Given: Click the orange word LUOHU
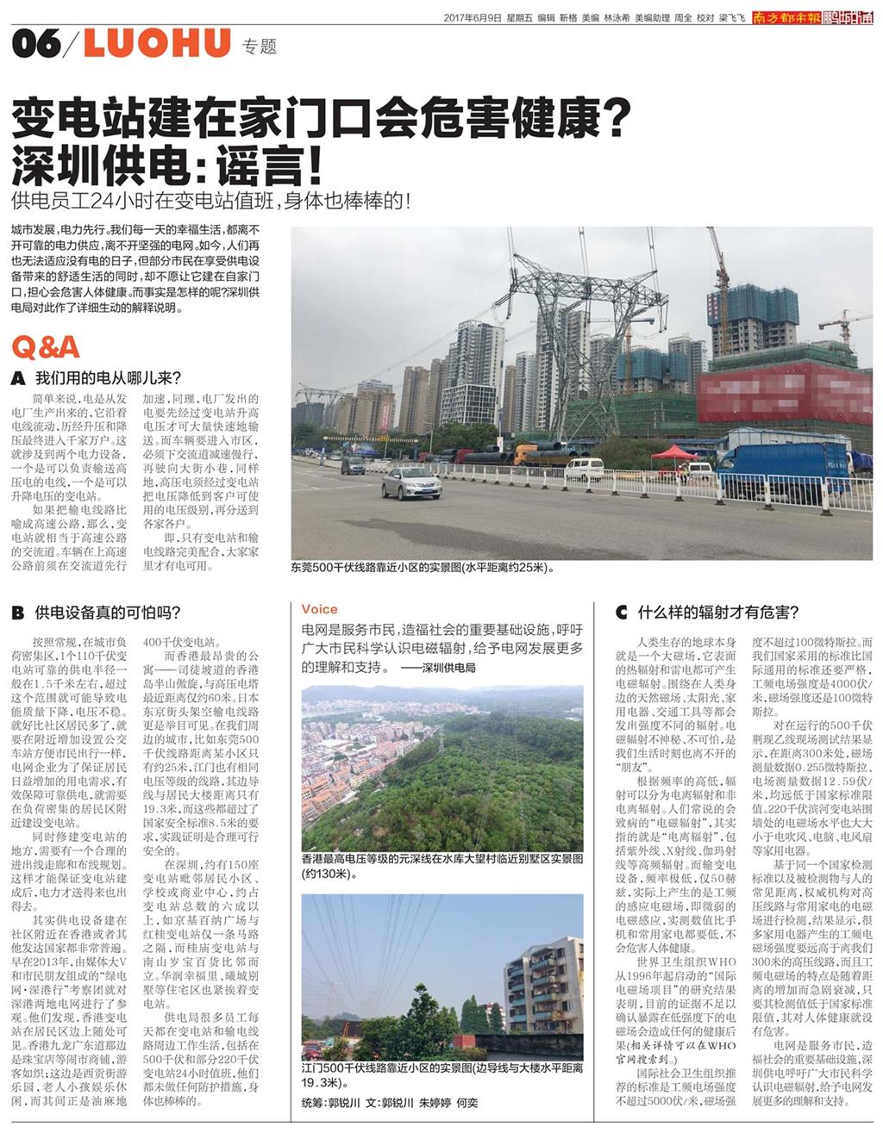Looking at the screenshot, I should pos(157,43).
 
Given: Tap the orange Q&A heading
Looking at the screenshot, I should pos(46,346).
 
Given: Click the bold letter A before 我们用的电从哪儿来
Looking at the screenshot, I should pos(17,378).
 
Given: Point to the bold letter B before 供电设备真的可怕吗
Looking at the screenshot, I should pos(17,613).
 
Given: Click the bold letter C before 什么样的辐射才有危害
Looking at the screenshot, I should pos(621,613).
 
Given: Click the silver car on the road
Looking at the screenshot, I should pos(411,483).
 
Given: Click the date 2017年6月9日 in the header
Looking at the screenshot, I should pos(473,17).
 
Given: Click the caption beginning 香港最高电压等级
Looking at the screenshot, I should pos(441,866).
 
